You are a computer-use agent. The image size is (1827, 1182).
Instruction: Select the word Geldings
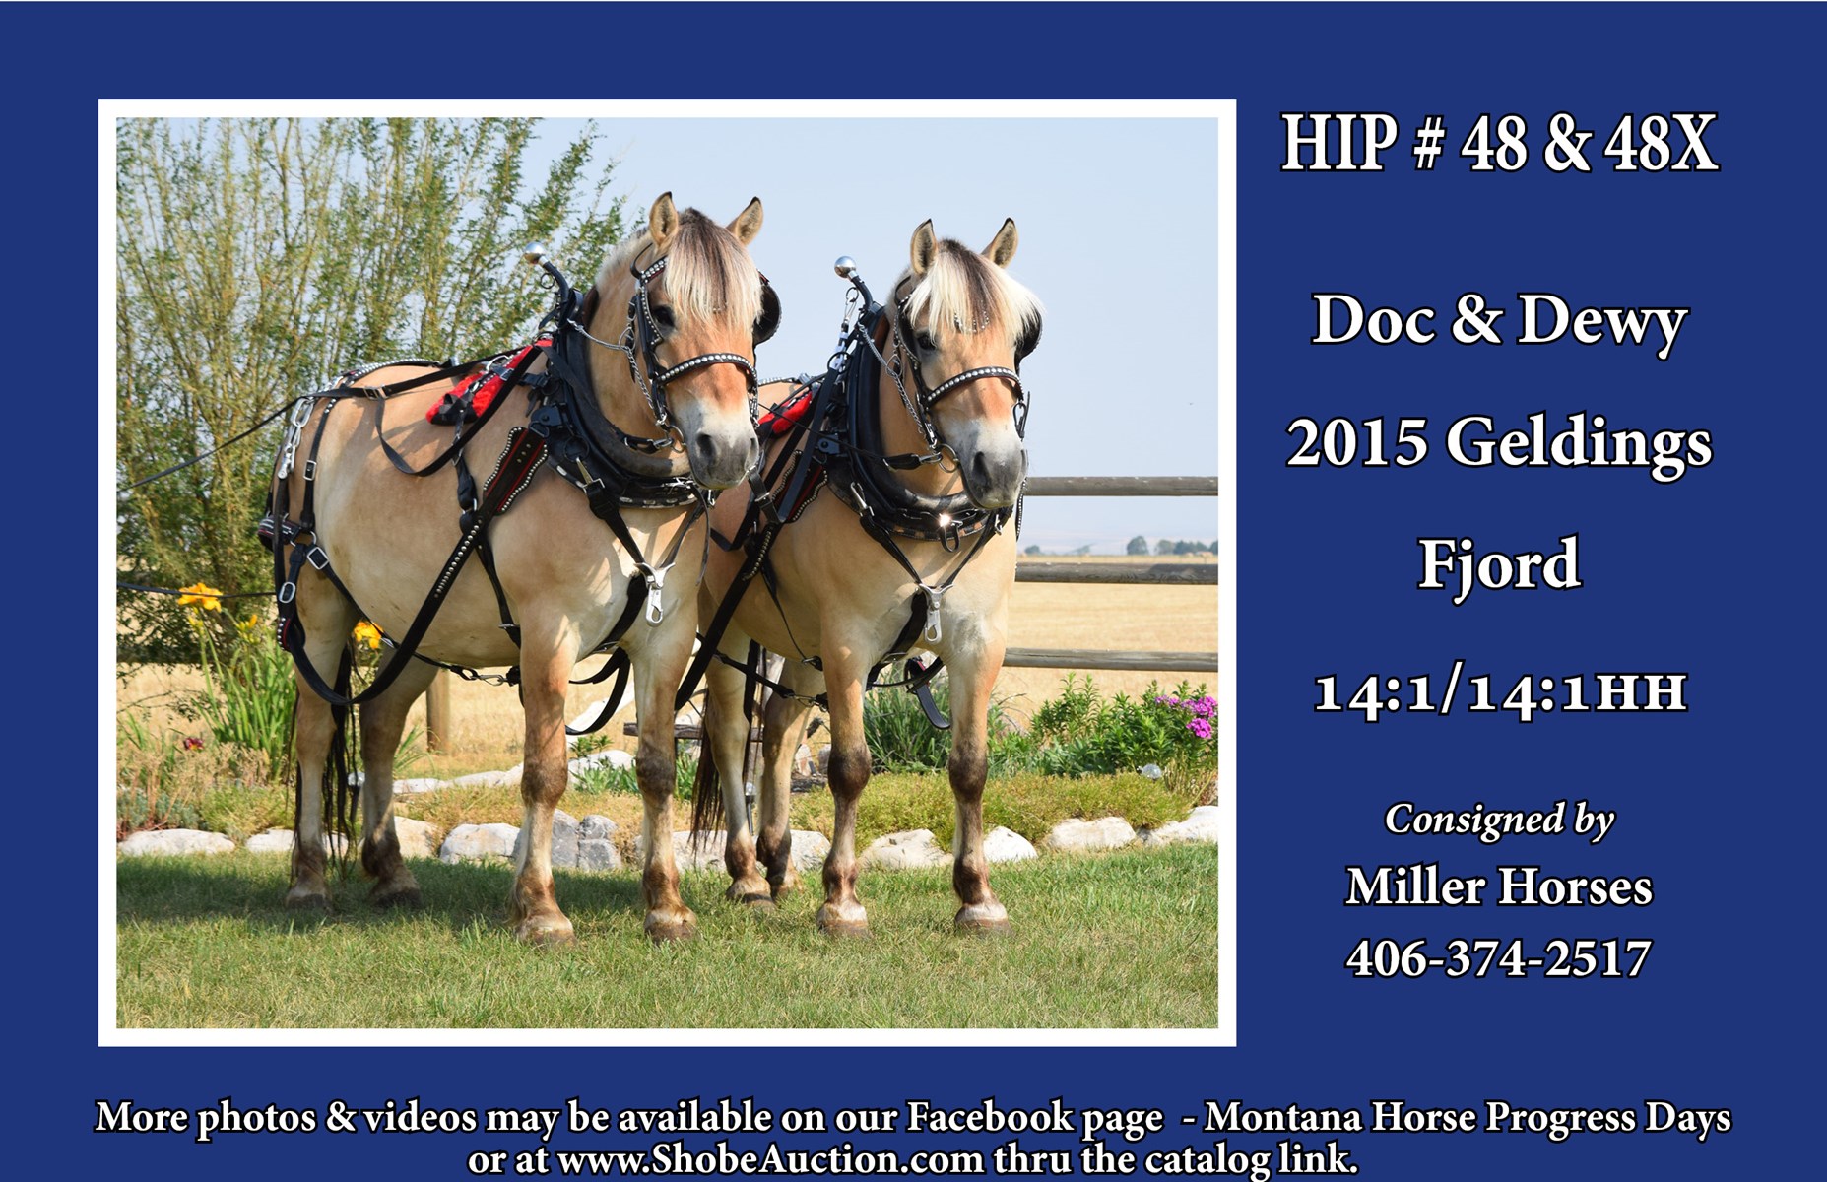click(1579, 443)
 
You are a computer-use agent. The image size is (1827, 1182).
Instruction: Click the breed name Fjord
click(1499, 564)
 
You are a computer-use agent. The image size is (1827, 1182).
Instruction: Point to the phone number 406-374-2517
click(1498, 958)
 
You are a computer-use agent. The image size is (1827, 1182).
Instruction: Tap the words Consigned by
click(1499, 820)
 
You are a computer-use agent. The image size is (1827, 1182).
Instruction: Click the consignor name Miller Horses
click(1499, 886)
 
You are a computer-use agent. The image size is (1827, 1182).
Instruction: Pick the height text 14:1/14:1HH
click(1500, 692)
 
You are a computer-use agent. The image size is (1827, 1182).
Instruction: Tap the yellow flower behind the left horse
click(200, 595)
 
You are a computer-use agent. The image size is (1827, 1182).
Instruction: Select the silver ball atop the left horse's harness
click(535, 253)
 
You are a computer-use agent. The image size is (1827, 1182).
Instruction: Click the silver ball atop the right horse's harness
click(845, 266)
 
